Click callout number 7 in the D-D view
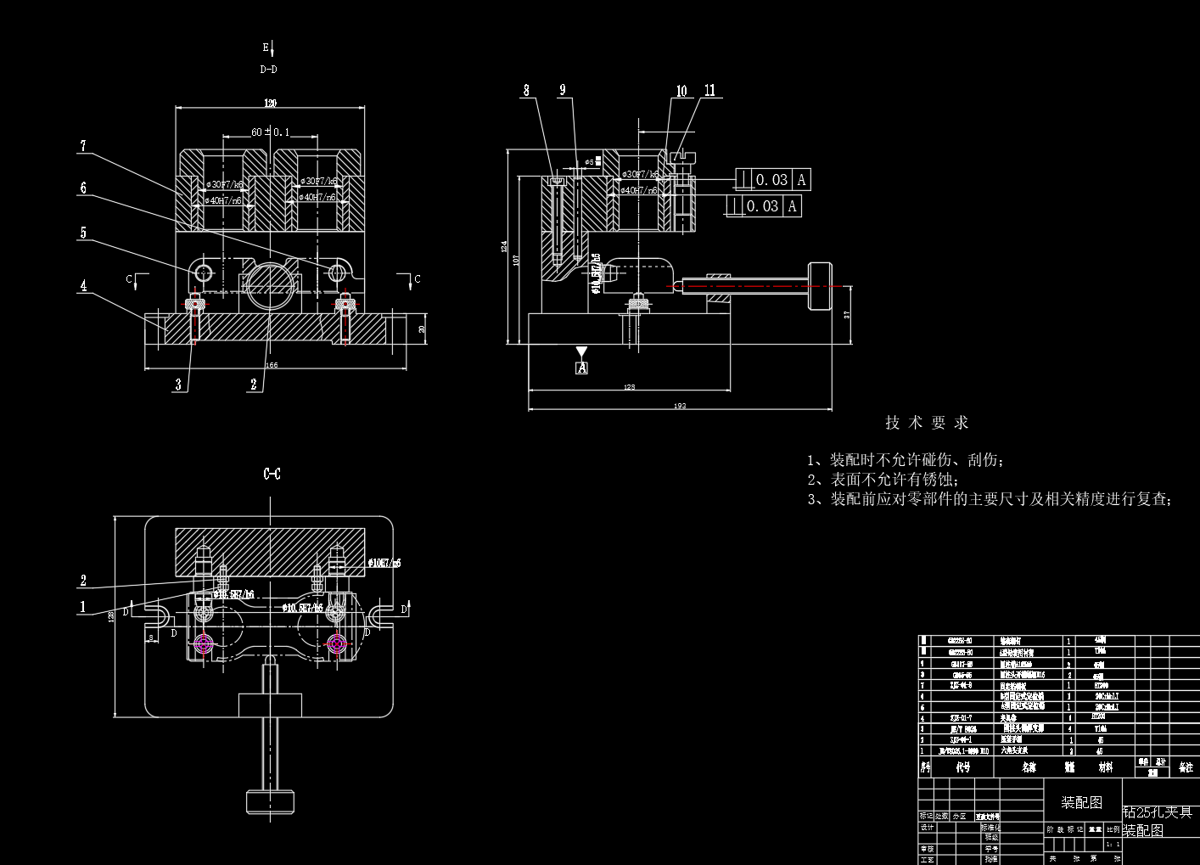83,146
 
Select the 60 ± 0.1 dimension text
270,132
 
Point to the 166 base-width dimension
271,365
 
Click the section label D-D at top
268,70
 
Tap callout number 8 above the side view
526,91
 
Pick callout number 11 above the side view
710,90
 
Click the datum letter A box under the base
581,368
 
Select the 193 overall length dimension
680,406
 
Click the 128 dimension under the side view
629,387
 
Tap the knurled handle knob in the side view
820,286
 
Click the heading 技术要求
926,422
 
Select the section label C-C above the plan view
272,474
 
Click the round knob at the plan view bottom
270,800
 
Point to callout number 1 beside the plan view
83,606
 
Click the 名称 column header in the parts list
1029,767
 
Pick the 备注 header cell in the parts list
1186,767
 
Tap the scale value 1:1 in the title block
1113,844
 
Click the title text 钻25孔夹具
1158,812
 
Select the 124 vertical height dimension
504,247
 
